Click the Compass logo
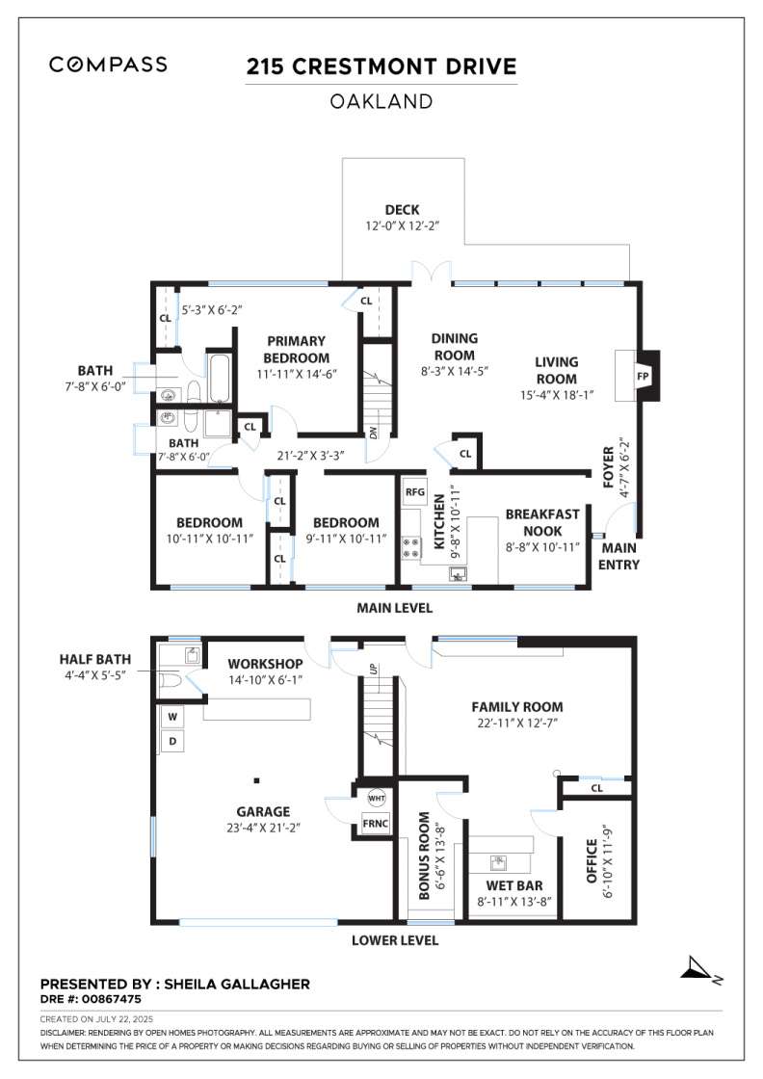click(108, 65)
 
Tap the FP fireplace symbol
click(643, 377)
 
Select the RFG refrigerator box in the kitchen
click(415, 492)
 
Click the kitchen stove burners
click(411, 548)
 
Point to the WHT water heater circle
click(377, 799)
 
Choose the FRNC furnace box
click(376, 824)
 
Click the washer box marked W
click(172, 717)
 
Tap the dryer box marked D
click(172, 741)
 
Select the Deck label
click(403, 210)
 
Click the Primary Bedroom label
click(296, 350)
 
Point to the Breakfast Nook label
click(542, 522)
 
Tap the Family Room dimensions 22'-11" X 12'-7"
click(516, 724)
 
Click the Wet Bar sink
click(499, 862)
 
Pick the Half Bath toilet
click(171, 680)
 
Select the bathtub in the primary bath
click(221, 379)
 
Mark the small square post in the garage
click(256, 780)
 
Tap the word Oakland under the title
click(381, 102)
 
